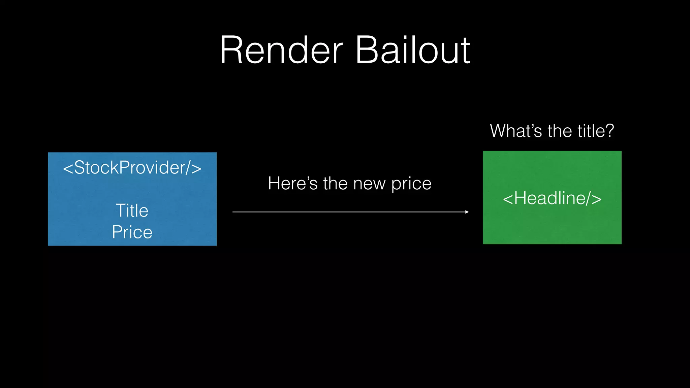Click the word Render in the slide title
pyautogui.click(x=281, y=51)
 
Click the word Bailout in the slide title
pyautogui.click(x=412, y=51)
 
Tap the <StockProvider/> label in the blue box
pyautogui.click(x=132, y=168)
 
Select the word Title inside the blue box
pyautogui.click(x=132, y=211)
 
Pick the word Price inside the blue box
pyautogui.click(x=132, y=232)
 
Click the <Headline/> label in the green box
pyautogui.click(x=552, y=198)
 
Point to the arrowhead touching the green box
pyautogui.click(x=467, y=212)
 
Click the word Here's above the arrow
pyautogui.click(x=292, y=184)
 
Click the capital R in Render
pyautogui.click(x=230, y=51)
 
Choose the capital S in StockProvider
pyautogui.click(x=80, y=168)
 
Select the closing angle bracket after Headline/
pyautogui.click(x=597, y=199)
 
